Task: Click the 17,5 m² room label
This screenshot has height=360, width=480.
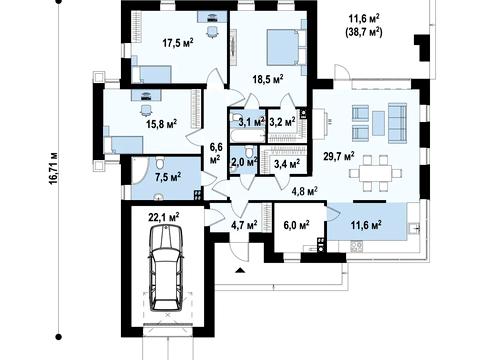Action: point(178,43)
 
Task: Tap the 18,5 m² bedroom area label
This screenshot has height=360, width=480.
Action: point(268,80)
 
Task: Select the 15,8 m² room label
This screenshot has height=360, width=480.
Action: point(161,124)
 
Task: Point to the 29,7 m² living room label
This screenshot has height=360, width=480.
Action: point(339,156)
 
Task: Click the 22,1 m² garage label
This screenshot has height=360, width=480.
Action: point(164,217)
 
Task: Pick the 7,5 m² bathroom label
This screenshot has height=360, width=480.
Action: point(168,177)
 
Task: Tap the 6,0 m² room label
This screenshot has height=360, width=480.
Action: point(296,225)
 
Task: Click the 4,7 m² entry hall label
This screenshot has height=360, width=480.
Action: point(244,225)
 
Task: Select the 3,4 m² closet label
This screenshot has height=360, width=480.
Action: point(287,163)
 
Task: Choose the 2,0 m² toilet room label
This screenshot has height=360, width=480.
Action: point(245,162)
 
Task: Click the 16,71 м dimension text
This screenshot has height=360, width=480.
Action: point(54,173)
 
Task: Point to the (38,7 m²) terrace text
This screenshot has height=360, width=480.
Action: point(364,32)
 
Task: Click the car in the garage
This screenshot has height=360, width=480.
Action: point(166,268)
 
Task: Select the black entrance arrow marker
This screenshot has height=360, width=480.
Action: point(240,270)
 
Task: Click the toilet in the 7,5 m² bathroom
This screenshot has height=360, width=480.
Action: point(160,163)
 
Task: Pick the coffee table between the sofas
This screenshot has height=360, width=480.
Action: point(378,123)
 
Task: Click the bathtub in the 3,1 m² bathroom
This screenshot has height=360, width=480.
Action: point(247,135)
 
